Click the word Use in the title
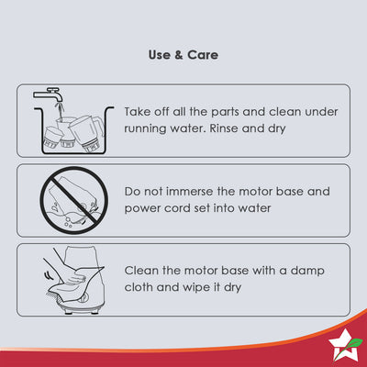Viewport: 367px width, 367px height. [160, 55]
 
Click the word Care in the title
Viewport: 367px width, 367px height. [203, 55]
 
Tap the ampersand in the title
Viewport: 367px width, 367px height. [179, 55]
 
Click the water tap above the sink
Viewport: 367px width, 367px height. [49, 95]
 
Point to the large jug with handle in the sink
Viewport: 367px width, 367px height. [85, 132]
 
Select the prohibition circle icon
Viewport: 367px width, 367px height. [73, 200]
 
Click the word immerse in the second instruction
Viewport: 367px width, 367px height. [189, 192]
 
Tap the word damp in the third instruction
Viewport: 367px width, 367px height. [307, 272]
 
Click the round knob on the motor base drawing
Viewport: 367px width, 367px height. [83, 296]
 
